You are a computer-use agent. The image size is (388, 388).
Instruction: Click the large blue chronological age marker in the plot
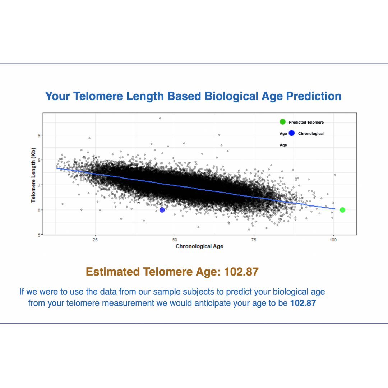pyautogui.click(x=162, y=210)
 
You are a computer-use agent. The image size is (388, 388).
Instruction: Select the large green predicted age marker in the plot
pyautogui.click(x=342, y=210)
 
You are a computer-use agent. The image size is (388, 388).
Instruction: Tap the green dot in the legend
pyautogui.click(x=282, y=122)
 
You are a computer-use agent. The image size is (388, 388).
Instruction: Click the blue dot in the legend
pyautogui.click(x=291, y=133)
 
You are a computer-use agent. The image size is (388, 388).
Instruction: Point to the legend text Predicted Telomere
pyautogui.click(x=306, y=123)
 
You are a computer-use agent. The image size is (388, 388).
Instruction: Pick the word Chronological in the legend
pyautogui.click(x=311, y=134)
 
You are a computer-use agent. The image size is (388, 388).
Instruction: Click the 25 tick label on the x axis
pyautogui.click(x=95, y=239)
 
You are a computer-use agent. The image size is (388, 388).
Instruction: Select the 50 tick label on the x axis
pyautogui.click(x=175, y=239)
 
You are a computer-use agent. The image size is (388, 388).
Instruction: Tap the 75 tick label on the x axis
pyautogui.click(x=254, y=239)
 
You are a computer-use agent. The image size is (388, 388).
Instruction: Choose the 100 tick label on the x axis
pyautogui.click(x=333, y=239)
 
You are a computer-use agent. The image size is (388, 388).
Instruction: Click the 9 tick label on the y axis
pyautogui.click(x=39, y=135)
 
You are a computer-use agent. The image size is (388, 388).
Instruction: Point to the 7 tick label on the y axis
pyautogui.click(x=39, y=185)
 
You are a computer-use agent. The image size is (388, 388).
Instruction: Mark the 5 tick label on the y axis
pyautogui.click(x=39, y=235)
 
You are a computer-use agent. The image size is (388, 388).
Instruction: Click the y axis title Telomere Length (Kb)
pyautogui.click(x=33, y=174)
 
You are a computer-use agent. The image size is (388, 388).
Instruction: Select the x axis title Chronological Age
pyautogui.click(x=199, y=246)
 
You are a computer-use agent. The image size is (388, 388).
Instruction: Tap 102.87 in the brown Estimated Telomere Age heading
pyautogui.click(x=241, y=272)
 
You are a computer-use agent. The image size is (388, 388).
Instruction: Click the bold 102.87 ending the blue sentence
pyautogui.click(x=303, y=303)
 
